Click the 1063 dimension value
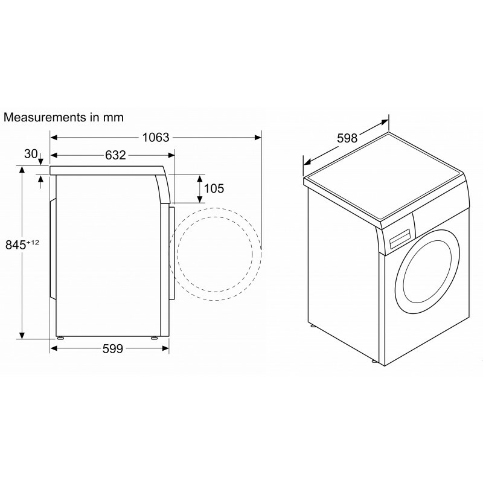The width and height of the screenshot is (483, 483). coord(156,138)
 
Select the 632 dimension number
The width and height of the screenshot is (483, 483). coord(115,155)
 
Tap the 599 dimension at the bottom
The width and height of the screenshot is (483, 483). coord(113,348)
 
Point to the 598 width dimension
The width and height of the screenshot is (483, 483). coord(347,138)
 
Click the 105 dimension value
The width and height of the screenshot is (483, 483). coord(214,188)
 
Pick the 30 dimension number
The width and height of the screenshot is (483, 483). coord(31,154)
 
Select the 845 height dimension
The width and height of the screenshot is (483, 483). coord(16,245)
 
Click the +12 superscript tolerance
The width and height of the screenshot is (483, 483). coord(33,243)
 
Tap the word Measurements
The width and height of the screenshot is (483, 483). coord(45,117)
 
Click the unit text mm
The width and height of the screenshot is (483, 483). coord(114,118)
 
